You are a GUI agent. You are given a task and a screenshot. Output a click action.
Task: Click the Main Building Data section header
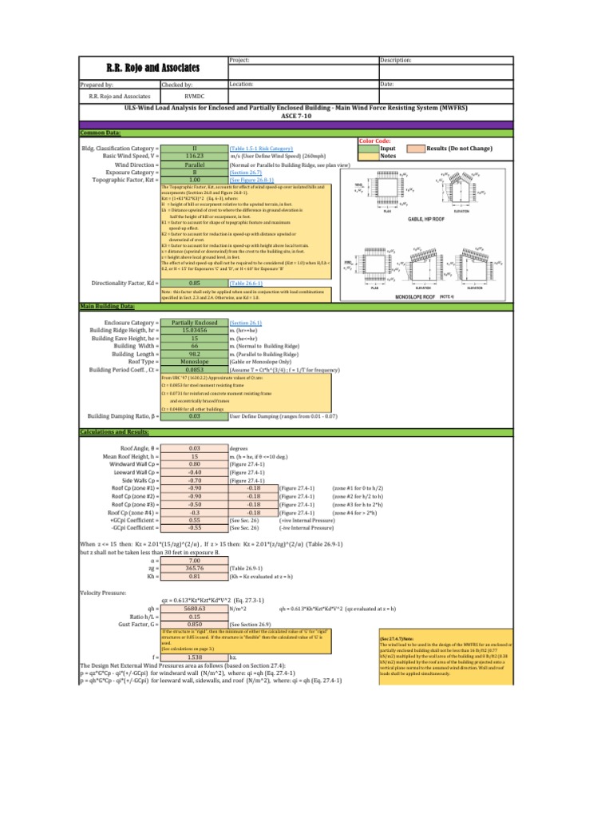point(106,306)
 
